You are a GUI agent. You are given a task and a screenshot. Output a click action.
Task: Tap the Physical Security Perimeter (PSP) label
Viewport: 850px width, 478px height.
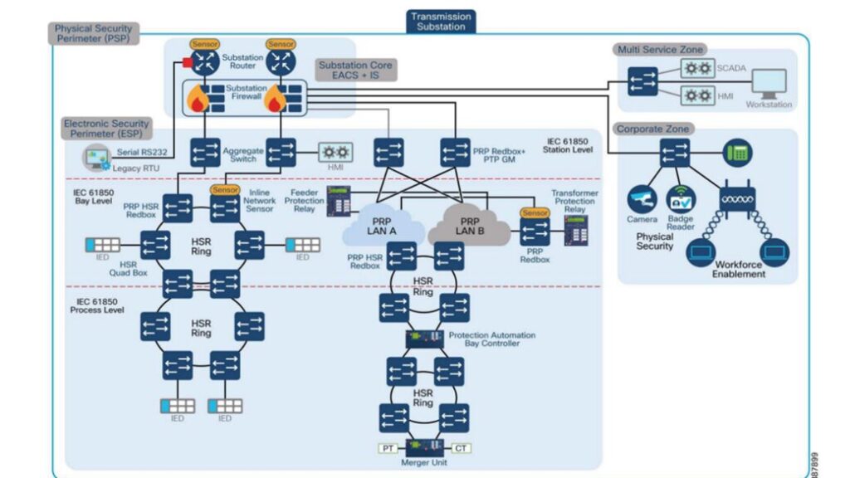pyautogui.click(x=93, y=33)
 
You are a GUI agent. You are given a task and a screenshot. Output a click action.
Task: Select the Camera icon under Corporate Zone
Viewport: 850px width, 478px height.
pyautogui.click(x=642, y=199)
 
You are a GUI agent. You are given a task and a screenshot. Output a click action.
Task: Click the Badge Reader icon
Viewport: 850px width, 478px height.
pyautogui.click(x=681, y=199)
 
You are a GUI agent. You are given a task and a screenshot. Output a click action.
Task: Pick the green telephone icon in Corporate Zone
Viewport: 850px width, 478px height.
pyautogui.click(x=735, y=152)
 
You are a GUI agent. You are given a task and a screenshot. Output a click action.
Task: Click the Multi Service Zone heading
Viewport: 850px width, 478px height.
pyautogui.click(x=661, y=50)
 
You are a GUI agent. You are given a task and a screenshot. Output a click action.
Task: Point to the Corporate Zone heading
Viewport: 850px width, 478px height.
pyautogui.click(x=653, y=129)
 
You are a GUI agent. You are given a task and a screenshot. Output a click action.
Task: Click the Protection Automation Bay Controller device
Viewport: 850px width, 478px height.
pyautogui.click(x=424, y=339)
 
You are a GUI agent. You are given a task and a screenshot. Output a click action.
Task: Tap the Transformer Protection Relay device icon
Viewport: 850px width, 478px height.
pyautogui.click(x=576, y=232)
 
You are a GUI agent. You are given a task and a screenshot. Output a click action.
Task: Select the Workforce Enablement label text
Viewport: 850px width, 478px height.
pyautogui.click(x=739, y=270)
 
